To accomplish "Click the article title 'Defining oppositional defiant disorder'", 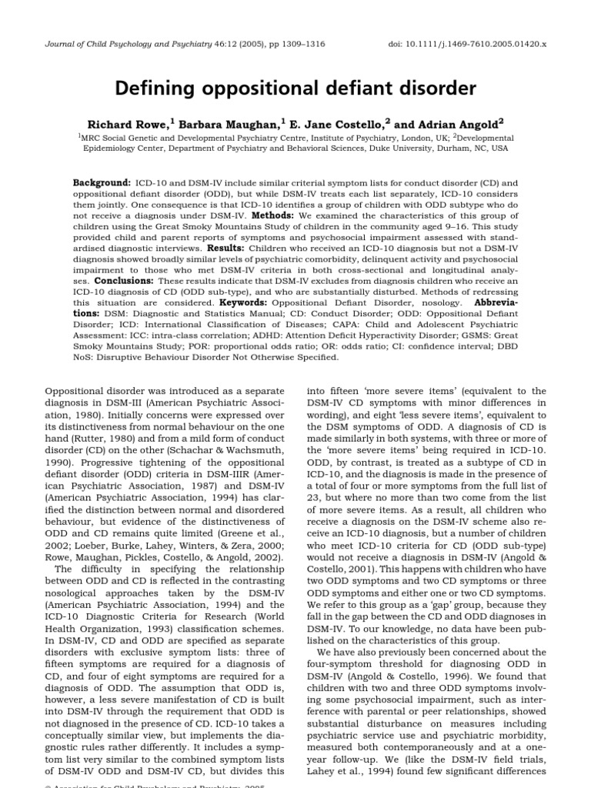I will (x=295, y=88).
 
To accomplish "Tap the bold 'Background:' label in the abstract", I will (x=102, y=183).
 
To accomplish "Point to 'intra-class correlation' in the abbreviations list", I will (x=175, y=336).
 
